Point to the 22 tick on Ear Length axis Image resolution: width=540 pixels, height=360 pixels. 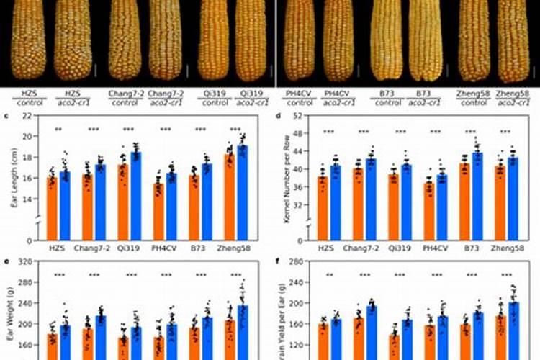[x=27, y=116]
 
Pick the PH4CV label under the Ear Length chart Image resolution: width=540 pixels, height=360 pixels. [x=164, y=248]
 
